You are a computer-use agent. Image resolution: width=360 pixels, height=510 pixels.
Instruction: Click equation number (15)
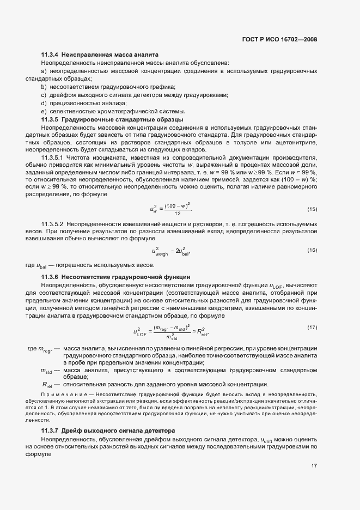click(x=312, y=194)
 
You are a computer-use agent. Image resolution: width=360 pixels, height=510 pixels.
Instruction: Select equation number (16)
click(x=312, y=250)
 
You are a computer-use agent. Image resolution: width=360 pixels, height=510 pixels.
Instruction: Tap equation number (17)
click(x=312, y=327)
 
